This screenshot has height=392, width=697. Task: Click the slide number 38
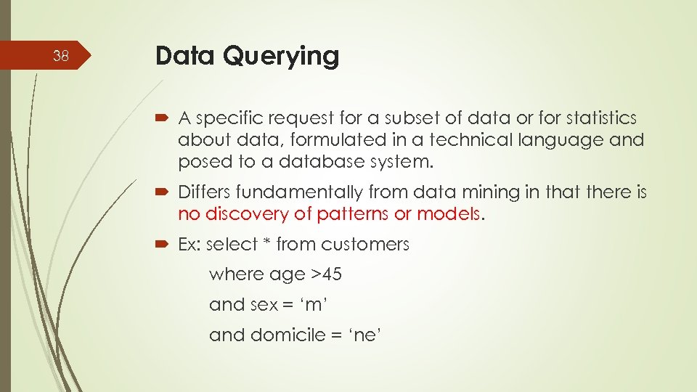click(62, 56)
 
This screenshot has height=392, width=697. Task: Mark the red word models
click(453, 214)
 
